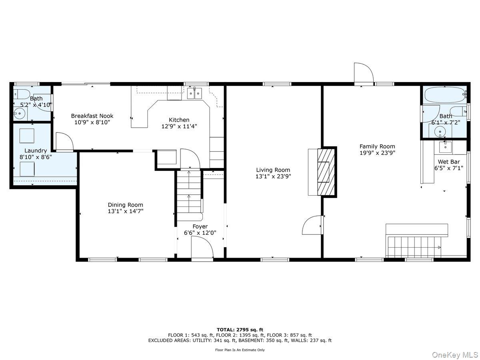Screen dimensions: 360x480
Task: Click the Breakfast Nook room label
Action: pos(92,116)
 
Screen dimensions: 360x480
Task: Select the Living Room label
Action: pos(273,170)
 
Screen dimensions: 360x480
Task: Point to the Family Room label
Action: pos(377,146)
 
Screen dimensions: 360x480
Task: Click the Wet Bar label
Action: pos(448,162)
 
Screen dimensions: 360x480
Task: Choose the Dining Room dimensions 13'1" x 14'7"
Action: pos(125,211)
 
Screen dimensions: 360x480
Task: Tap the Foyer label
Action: pos(200,226)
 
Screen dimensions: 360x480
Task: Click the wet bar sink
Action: pos(445,147)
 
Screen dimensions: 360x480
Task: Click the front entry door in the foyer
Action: pos(202,247)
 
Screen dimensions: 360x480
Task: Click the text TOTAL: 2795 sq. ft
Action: pos(240,330)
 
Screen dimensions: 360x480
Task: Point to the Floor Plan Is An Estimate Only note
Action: pos(240,350)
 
